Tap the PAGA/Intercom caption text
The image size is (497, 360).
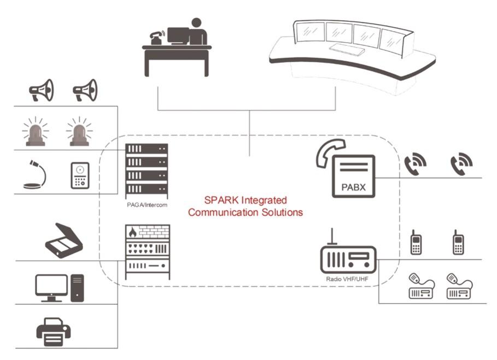[146, 205]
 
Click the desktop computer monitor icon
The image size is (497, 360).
[51, 287]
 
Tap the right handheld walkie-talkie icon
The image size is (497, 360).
[458, 243]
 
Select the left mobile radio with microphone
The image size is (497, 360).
[422, 286]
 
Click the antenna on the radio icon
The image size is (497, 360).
[330, 236]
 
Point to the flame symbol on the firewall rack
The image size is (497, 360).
[132, 232]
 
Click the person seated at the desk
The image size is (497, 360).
[198, 32]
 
